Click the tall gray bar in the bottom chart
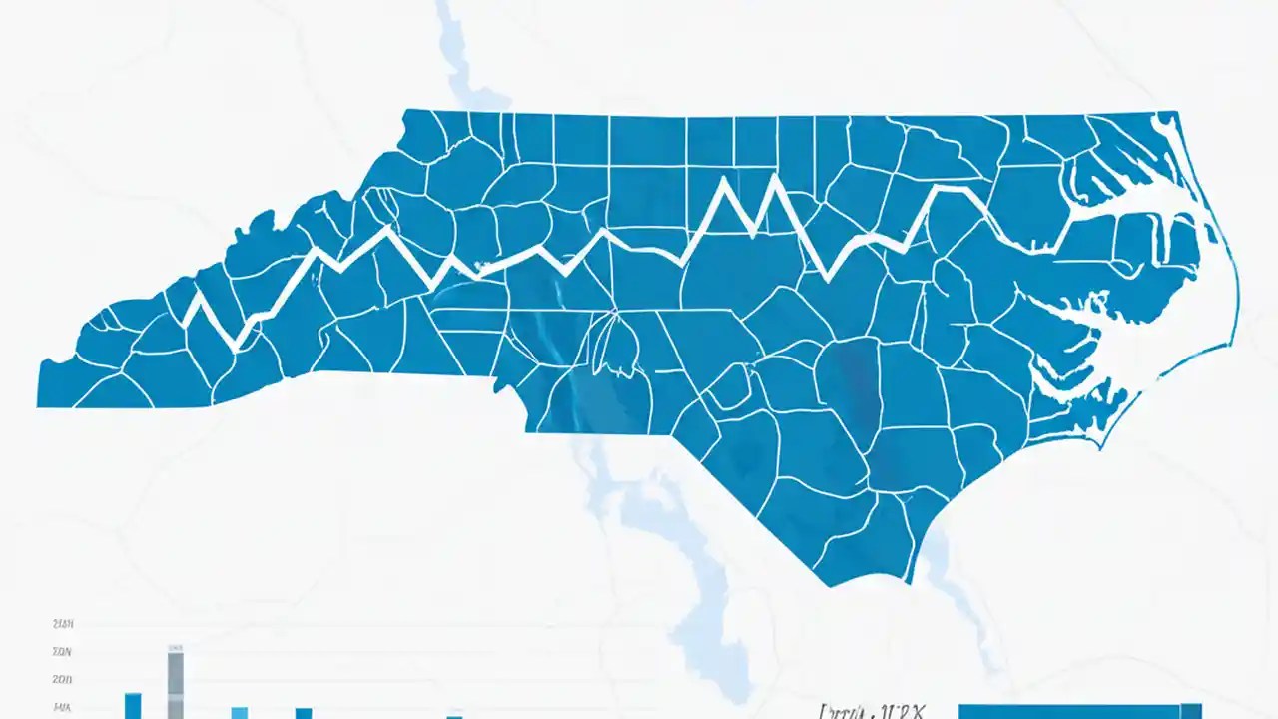(x=175, y=684)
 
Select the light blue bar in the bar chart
(x=240, y=712)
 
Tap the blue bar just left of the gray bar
(x=133, y=705)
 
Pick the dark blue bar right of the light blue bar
(x=304, y=712)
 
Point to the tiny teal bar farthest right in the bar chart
(x=454, y=716)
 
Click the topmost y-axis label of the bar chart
(x=62, y=624)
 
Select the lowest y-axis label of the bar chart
(x=62, y=707)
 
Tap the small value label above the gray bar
(x=176, y=648)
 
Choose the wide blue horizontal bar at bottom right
(x=1078, y=711)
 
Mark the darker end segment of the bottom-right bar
(x=1188, y=711)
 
